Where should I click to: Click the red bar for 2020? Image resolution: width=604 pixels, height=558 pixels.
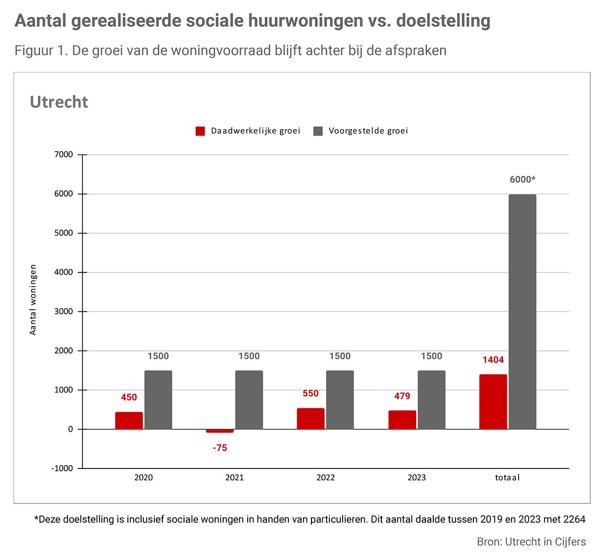pos(129,420)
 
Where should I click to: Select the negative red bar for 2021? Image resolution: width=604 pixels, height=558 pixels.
pos(220,431)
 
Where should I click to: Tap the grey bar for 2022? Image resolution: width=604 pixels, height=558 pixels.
pos(340,400)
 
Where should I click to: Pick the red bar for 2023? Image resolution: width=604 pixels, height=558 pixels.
pos(402,420)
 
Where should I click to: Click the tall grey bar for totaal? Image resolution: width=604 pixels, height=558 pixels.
pos(522,312)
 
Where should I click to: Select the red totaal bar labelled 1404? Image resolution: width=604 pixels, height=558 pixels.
pos(493,402)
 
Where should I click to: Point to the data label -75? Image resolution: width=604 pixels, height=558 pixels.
pos(220,448)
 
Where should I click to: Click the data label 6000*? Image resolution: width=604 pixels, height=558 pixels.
pos(522,180)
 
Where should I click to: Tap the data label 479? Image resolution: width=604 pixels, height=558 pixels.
pos(402,396)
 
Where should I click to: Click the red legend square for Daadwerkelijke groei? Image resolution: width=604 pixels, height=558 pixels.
pos(201,131)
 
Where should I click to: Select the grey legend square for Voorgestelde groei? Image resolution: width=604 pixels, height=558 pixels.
pos(319,131)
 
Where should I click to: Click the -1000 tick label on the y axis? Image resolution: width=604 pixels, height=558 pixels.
pos(63,468)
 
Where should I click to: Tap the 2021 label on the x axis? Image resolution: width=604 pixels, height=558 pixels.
pos(235,477)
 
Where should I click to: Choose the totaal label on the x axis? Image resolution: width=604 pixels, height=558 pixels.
pos(507,477)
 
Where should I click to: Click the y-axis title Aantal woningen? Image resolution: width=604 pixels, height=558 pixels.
pos(33,300)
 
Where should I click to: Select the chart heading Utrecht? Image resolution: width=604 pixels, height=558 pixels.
pos(59,102)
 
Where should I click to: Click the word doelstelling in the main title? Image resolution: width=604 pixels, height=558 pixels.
pos(443,21)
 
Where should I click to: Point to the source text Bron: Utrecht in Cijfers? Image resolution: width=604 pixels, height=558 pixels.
pos(531,542)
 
